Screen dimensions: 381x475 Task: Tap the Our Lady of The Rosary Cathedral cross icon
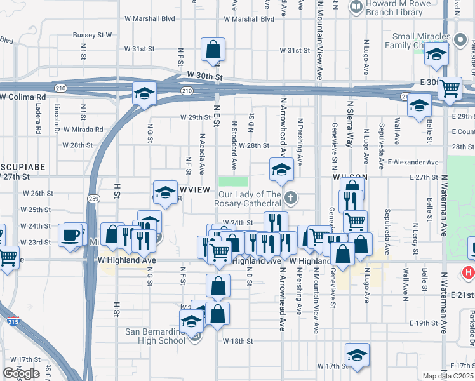coord(291,198)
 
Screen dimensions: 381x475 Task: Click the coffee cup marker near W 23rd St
coord(72,235)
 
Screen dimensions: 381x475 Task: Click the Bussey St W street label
coord(92,35)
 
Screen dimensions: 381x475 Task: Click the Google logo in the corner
coord(20,373)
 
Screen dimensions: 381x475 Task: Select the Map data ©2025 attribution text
coord(448,376)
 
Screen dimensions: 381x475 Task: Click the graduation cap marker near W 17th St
coord(358,354)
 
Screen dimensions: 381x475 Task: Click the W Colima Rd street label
coord(23,97)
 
